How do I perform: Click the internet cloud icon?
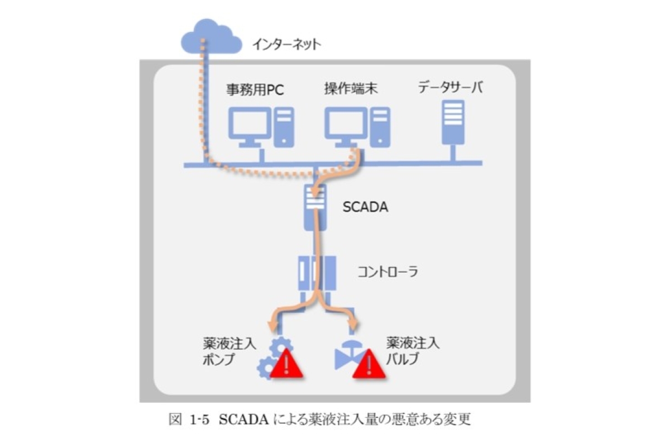click(211, 38)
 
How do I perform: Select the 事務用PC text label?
click(252, 89)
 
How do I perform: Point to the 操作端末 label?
click(349, 89)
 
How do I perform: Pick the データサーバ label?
click(451, 88)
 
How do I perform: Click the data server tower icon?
click(453, 123)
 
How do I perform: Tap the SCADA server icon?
click(315, 206)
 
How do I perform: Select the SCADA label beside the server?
click(365, 208)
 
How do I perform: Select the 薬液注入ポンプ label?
click(229, 351)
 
